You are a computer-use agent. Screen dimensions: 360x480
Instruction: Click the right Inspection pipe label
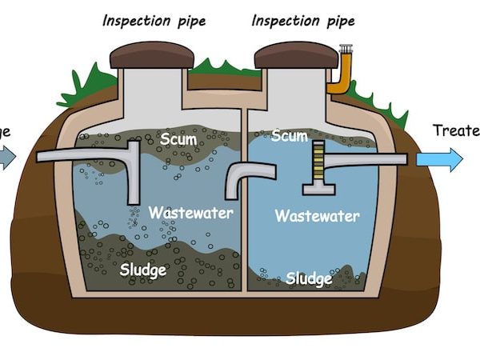pyautogui.click(x=304, y=19)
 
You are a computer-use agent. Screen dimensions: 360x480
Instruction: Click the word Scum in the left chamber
pyautogui.click(x=178, y=139)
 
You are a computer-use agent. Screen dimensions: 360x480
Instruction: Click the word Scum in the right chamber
pyautogui.click(x=289, y=136)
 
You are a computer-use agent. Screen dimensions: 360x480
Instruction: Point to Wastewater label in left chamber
pyautogui.click(x=190, y=213)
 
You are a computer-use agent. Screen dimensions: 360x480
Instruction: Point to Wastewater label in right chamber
pyautogui.click(x=317, y=216)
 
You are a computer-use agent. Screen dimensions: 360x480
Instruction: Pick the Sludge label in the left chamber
pyautogui.click(x=143, y=270)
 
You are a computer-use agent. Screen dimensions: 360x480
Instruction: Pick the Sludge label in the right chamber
pyautogui.click(x=309, y=278)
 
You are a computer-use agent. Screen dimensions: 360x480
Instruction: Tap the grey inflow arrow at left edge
pyautogui.click(x=6, y=158)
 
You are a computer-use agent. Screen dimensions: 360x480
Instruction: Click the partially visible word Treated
pyautogui.click(x=455, y=130)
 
